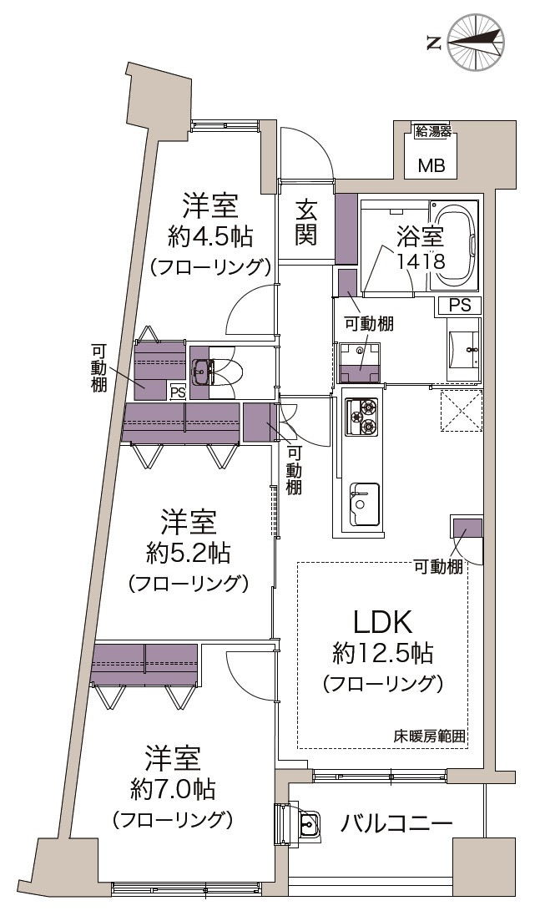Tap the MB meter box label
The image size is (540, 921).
tap(431, 164)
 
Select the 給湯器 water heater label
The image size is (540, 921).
tap(433, 131)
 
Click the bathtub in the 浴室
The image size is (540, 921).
tap(453, 245)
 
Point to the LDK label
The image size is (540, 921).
tap(382, 622)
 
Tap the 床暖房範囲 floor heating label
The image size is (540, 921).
tap(429, 737)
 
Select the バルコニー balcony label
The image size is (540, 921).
tap(396, 823)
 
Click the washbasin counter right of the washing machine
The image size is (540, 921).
tap(463, 348)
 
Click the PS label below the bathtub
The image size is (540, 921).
tap(460, 306)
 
